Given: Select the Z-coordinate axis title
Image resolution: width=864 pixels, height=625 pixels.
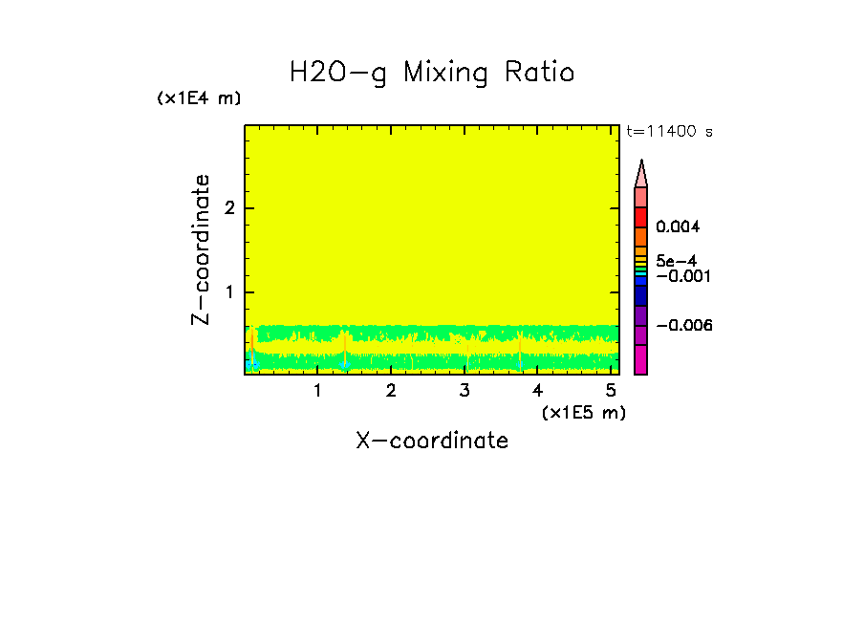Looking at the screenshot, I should pos(201,249).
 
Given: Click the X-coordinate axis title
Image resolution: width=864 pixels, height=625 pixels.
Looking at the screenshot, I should pos(432,441).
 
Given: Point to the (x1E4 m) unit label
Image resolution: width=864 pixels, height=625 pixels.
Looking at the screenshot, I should pos(199,98).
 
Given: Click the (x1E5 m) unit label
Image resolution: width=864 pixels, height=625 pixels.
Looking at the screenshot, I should pos(583,412).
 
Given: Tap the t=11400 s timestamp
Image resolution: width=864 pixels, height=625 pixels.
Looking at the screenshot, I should pos(669,132).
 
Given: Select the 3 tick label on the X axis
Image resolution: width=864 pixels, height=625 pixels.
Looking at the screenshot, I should pos(464,391).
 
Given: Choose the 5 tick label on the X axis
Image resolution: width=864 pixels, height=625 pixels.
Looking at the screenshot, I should pos(611,391).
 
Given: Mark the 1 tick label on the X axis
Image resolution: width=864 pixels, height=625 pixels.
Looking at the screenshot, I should pos(317,391).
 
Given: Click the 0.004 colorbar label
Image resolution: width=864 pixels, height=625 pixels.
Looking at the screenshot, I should pos(678,227).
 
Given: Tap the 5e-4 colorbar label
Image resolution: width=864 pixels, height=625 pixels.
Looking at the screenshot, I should pos(676,260).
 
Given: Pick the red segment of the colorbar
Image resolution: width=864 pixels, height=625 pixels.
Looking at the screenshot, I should pos(641,217).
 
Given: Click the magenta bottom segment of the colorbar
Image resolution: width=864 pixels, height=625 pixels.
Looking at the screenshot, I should pos(641,360).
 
